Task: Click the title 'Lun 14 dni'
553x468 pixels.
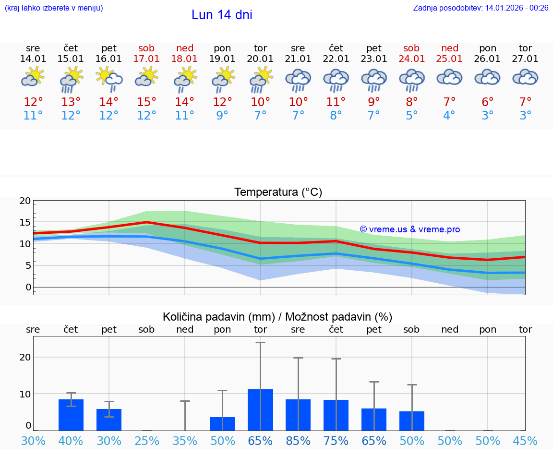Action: [222, 15]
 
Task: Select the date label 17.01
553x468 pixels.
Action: [147, 59]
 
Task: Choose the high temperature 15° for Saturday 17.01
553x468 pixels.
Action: [147, 102]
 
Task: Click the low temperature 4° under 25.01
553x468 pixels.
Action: [449, 116]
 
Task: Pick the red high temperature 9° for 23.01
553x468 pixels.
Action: [374, 102]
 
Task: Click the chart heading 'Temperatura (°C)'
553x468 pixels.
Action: [278, 192]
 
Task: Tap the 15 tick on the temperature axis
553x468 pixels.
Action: [25, 222]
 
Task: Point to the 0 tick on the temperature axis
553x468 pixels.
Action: [28, 287]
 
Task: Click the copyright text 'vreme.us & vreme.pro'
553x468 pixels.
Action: [410, 229]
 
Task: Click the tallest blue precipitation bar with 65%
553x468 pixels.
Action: [260, 410]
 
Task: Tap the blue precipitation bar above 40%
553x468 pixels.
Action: [71, 415]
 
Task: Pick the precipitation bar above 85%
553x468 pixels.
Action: [298, 415]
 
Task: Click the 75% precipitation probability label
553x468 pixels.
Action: [336, 441]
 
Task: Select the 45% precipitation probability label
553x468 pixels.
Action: [525, 441]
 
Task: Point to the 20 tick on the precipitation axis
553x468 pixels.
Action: [25, 357]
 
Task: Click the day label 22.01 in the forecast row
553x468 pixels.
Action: [336, 59]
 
